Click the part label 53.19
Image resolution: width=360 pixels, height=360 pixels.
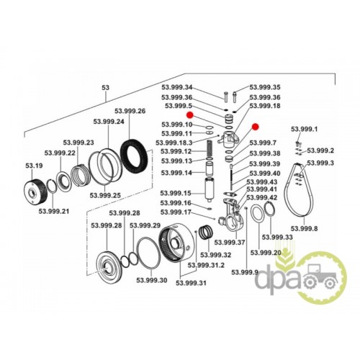point(34,166)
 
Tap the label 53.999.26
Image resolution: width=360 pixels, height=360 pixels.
point(130,111)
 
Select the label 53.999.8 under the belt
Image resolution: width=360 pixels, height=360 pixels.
point(304,228)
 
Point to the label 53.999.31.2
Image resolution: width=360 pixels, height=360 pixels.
point(206,265)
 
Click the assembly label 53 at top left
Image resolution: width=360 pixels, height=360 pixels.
point(106,88)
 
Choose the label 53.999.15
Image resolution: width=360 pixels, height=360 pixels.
point(176,193)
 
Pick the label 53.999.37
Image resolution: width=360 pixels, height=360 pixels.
point(230,243)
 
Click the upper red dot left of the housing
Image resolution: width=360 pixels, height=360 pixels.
point(190,115)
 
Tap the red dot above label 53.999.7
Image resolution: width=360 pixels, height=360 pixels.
point(255,127)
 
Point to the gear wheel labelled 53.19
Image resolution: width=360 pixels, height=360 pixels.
point(36,192)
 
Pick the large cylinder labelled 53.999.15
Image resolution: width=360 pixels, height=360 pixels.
point(210,189)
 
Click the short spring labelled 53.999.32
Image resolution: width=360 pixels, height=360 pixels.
point(206,232)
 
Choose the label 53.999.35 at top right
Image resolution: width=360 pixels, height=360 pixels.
point(265,87)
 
